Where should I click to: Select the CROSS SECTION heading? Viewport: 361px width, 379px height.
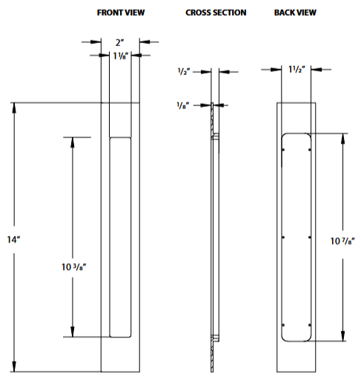(x=216, y=13)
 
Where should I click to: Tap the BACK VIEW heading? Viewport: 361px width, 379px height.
(x=294, y=13)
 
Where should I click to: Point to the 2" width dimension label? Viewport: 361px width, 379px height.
(x=120, y=42)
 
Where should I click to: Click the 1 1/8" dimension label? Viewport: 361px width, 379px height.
(x=120, y=56)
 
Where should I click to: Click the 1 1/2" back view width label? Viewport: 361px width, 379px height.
(x=297, y=70)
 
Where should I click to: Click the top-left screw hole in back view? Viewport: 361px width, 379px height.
(x=285, y=151)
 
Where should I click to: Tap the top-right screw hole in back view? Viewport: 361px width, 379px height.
(x=308, y=151)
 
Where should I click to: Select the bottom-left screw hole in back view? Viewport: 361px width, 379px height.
(x=285, y=325)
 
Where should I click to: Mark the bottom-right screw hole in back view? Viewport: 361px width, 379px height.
(x=308, y=325)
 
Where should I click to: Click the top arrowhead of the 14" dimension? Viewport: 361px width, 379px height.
(x=14, y=106)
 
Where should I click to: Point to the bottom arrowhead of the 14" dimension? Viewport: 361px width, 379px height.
(x=14, y=366)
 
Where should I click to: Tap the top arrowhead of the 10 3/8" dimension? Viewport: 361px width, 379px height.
(x=72, y=141)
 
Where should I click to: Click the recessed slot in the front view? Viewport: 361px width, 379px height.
(x=120, y=237)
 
